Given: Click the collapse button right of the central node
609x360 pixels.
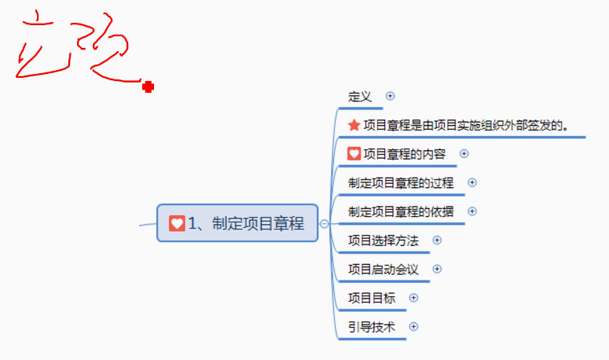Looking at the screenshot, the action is pos(324,224).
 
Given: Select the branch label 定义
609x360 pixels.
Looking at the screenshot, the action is pos(360,96).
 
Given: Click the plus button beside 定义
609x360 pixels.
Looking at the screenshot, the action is pos(391,96).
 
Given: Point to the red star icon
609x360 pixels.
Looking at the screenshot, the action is pos(354,125).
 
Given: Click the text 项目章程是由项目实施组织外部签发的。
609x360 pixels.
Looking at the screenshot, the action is pos(466,125).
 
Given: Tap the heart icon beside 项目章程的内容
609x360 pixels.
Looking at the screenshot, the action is pos(354,154).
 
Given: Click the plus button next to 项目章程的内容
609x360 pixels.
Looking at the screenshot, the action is pos(464,154).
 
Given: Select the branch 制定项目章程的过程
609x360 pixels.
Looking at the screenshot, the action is pos(401,182).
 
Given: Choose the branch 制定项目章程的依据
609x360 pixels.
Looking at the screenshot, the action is pos(401,211).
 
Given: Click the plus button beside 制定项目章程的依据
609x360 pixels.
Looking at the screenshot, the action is pos(471,211).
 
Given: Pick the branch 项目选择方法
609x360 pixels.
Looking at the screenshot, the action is pos(383,241).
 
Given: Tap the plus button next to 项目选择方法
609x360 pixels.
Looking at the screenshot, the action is pos(437,241).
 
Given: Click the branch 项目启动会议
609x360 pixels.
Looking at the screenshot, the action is pos(383,270).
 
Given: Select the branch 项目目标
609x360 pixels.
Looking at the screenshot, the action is pos(372,298).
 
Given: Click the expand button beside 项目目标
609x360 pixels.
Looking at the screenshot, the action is pos(413,298).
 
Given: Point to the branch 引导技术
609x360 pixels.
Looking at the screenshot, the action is pos(372,327).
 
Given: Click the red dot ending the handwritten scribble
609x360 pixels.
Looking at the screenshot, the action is pos(148,87).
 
